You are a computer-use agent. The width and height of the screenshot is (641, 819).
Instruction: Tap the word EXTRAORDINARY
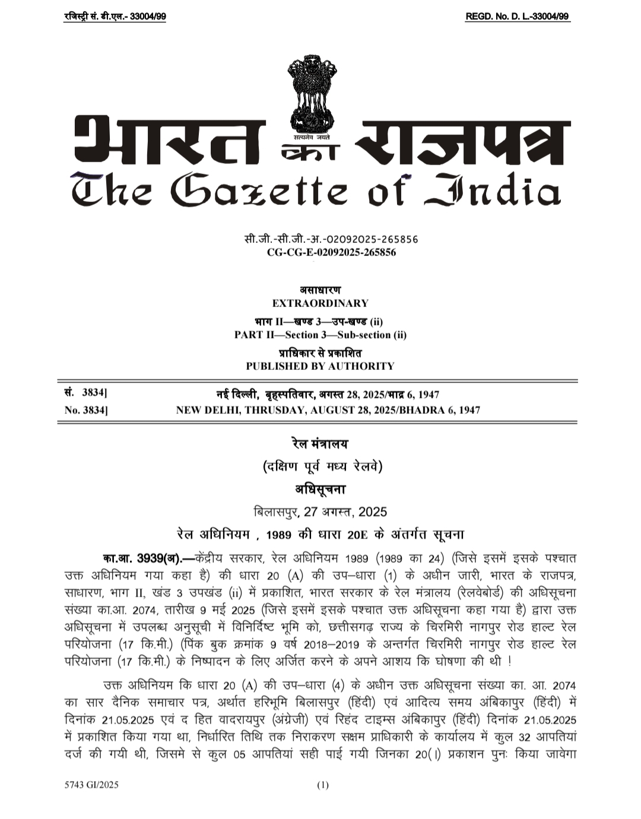[320, 303]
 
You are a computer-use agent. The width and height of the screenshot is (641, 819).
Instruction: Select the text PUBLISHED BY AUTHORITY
[320, 366]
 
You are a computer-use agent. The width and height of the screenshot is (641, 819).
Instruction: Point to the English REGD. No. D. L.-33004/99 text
[518, 17]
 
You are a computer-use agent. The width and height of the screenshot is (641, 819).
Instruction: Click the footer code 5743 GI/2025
[92, 785]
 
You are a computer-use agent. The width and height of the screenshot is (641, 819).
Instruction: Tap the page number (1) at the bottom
[322, 785]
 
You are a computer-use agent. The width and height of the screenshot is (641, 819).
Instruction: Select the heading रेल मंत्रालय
[320, 444]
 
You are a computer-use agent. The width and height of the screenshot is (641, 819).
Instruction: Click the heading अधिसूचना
[320, 490]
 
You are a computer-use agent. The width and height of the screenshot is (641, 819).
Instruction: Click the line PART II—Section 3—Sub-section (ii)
[320, 335]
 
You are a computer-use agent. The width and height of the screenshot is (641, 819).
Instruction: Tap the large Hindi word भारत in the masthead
[169, 142]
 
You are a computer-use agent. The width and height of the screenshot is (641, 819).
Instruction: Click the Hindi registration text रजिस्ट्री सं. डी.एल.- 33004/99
[115, 17]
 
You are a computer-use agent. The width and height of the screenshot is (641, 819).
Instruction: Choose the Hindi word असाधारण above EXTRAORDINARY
[320, 290]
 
